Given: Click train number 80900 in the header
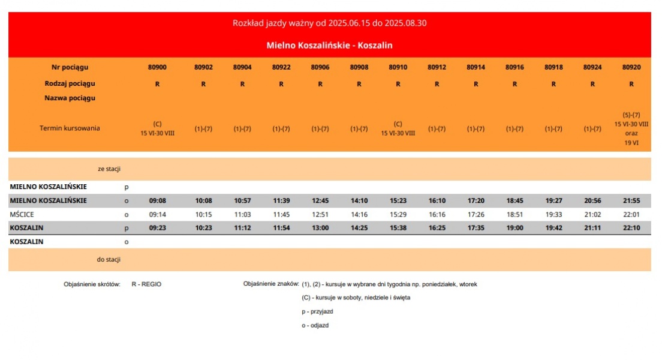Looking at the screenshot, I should (157, 67).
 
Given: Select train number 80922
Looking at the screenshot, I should (281, 67).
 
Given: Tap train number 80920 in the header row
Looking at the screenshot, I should (631, 67).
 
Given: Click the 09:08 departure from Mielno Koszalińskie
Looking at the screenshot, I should (157, 201).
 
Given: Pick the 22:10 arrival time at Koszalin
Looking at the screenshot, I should (631, 228).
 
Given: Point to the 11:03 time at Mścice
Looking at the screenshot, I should (242, 214).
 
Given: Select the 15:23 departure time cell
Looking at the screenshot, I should (398, 201).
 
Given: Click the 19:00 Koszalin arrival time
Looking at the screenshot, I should (514, 228).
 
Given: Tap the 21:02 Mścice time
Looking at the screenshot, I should (592, 214).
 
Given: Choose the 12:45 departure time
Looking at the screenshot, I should (320, 201).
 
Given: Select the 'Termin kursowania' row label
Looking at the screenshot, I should (70, 128).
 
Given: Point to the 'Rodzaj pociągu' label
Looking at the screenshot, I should (70, 84).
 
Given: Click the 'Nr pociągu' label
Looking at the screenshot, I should (70, 67).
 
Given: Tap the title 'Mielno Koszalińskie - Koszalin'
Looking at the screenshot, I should (329, 46).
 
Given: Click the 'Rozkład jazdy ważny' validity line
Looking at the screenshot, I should (329, 23).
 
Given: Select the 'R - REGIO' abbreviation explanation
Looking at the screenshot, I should (146, 284).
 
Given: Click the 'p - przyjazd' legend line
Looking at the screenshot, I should (317, 311).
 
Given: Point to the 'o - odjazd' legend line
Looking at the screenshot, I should (315, 325).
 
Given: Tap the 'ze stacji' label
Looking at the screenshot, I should (109, 169).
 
